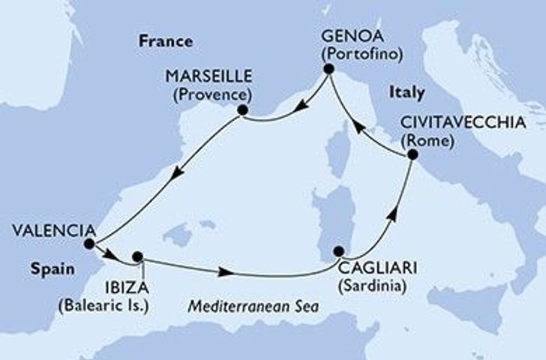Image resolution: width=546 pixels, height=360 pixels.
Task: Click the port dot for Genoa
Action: pos(328,69)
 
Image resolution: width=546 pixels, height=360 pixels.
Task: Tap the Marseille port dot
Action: pos(241,110)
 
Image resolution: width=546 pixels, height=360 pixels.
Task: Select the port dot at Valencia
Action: pos(89,244)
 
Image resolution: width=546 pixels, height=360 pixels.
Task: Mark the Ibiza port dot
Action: pos(137,256)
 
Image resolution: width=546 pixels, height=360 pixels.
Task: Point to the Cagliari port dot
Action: pos(339,251)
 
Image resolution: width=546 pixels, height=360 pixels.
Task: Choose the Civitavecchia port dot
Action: pos(412,155)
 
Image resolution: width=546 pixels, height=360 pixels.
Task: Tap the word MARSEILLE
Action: pos(207,77)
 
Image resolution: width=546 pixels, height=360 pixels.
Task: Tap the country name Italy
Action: pos(406,93)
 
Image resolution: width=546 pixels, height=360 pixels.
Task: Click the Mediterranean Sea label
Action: pos(255,307)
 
